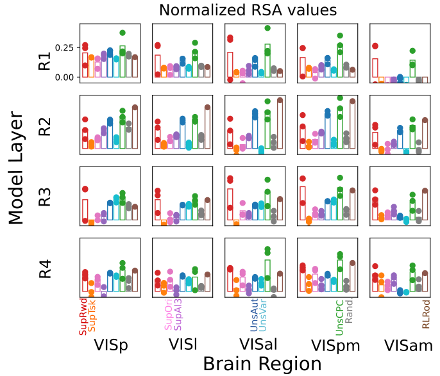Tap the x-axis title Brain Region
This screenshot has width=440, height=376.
tap(262, 363)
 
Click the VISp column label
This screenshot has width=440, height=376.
tap(110, 345)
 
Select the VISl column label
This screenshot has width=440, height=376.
tap(182, 344)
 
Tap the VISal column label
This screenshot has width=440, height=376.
tap(254, 345)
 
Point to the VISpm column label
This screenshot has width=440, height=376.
tap(335, 345)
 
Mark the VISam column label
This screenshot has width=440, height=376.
tap(408, 345)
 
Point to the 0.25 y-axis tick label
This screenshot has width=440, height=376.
tap(65, 48)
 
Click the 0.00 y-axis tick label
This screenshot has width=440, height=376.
tap(65, 77)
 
